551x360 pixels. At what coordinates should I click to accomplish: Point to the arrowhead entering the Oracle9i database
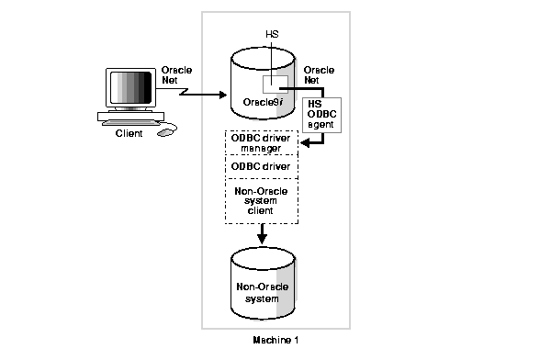click(222, 94)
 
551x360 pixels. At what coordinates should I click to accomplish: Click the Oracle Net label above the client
click(176, 75)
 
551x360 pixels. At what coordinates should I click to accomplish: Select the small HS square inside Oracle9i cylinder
click(275, 84)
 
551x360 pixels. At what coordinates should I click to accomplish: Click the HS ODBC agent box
click(321, 115)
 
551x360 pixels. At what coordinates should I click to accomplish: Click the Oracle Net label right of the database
click(319, 75)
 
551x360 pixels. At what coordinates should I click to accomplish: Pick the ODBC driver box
click(262, 166)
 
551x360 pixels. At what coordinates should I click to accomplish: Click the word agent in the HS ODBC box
click(321, 125)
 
